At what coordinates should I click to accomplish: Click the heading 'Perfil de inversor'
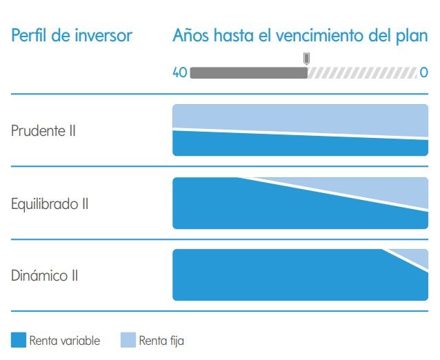click(x=71, y=35)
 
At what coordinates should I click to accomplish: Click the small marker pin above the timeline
click(x=306, y=58)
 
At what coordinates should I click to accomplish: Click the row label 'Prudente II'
click(x=43, y=131)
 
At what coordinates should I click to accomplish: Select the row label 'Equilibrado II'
click(x=50, y=204)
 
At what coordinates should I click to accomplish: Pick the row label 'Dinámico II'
click(x=45, y=277)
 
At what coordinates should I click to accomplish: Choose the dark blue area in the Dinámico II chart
click(x=290, y=276)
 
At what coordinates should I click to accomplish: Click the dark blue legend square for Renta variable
click(x=19, y=340)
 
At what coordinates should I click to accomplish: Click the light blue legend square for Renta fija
click(x=128, y=340)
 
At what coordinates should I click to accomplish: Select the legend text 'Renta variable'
click(x=65, y=341)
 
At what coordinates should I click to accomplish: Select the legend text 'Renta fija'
click(x=161, y=341)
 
